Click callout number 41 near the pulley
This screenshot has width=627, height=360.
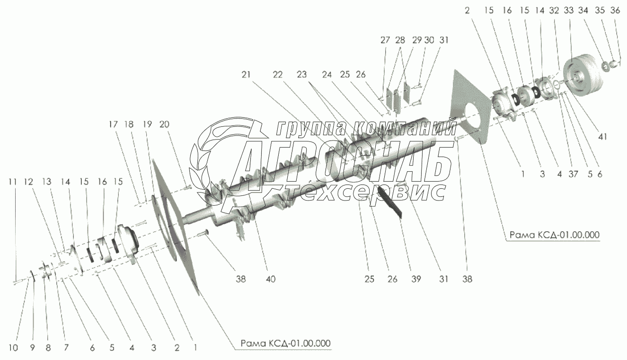602,137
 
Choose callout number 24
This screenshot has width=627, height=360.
326,75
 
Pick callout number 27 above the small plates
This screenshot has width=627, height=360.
385,40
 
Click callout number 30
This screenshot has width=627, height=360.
429,40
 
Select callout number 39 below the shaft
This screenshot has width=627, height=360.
416,279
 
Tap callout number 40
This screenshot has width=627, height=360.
270,279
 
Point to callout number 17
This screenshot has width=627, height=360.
113,125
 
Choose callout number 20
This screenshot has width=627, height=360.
164,125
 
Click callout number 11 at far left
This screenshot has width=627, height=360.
13,182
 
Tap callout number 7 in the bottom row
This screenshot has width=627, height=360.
66,348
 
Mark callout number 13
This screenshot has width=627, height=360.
46,182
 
